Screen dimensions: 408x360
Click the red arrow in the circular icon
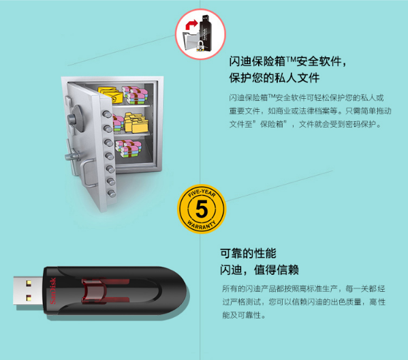click(x=191, y=25)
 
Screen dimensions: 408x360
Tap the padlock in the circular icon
click(x=200, y=46)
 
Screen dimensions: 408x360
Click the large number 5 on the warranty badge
click(x=202, y=209)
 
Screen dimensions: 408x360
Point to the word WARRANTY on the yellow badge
click(x=202, y=225)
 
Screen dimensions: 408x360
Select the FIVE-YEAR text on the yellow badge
click(x=202, y=193)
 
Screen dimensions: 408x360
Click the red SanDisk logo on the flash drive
click(x=53, y=290)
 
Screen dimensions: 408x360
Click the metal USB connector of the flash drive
click(x=28, y=290)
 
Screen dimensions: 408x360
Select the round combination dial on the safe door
click(x=75, y=119)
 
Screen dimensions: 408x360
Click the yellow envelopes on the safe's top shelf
click(x=110, y=94)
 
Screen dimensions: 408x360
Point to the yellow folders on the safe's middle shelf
click(x=136, y=123)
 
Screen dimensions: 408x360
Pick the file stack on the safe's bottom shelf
click(x=129, y=149)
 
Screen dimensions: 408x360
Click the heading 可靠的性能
click(x=248, y=254)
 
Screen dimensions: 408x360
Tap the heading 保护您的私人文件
click(x=274, y=78)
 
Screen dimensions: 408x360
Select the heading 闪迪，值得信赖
click(x=259, y=270)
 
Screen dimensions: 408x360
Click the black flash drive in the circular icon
click(x=206, y=32)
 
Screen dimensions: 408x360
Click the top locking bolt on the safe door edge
click(x=107, y=114)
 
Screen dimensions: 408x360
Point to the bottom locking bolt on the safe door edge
click(x=112, y=194)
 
